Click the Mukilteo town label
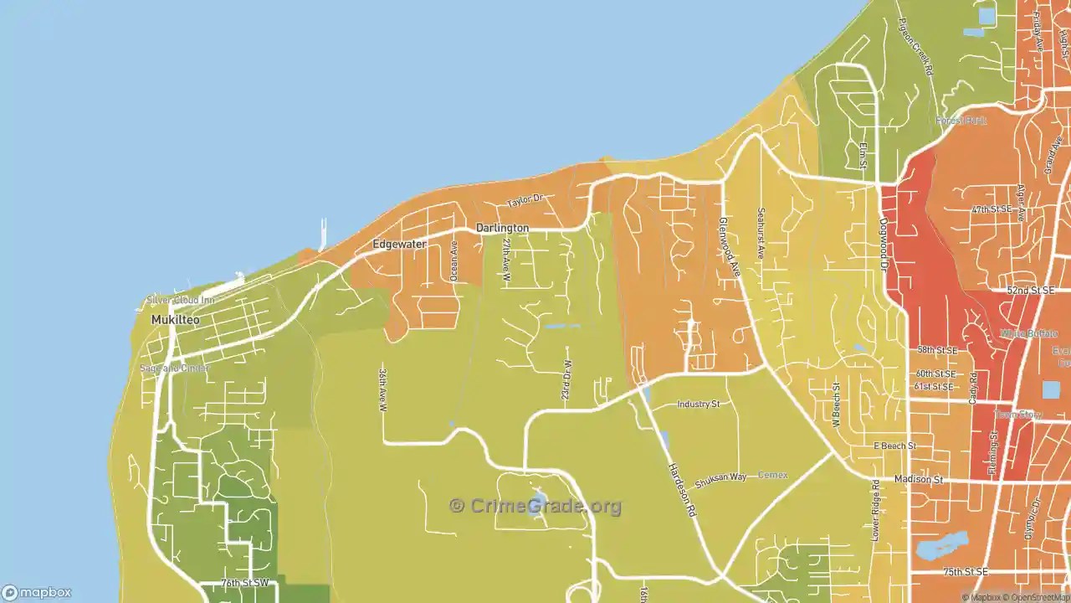coord(175,320)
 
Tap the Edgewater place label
coord(399,245)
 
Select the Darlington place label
coord(502,228)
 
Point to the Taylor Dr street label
coord(525,201)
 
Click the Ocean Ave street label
coord(454,260)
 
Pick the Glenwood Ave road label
coord(730,247)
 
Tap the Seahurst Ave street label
coord(761,232)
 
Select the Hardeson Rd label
coord(682,489)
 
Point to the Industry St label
coord(698,405)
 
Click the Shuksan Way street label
coord(720,477)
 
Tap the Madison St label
coord(918,480)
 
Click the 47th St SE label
coord(992,209)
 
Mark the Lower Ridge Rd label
coord(875,509)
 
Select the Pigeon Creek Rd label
coord(915,47)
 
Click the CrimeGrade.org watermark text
coord(535,506)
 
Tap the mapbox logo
coord(37,592)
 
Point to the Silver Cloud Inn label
coord(181,300)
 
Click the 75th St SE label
coord(965,572)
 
